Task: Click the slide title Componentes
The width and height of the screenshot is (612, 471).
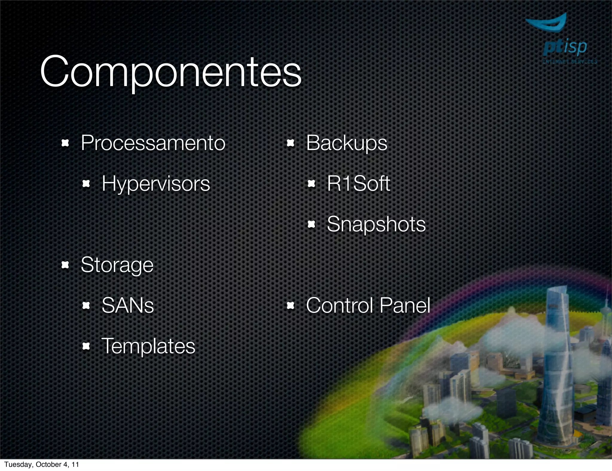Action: [170, 72]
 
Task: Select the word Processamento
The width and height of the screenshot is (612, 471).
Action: [153, 143]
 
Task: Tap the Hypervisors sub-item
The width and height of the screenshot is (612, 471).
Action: [156, 183]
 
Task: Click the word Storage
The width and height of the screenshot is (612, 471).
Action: [117, 265]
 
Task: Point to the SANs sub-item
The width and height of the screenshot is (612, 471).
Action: [128, 305]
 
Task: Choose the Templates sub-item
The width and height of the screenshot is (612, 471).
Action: [148, 346]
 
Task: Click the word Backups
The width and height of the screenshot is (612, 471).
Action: [347, 143]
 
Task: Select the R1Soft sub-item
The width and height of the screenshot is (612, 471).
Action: [358, 183]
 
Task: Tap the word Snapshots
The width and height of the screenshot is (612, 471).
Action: [376, 224]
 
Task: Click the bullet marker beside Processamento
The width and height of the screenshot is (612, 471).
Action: [65, 143]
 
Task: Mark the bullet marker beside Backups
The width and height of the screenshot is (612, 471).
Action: [290, 143]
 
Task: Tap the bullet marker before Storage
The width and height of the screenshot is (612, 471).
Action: [65, 265]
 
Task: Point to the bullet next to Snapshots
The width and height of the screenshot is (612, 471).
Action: [311, 224]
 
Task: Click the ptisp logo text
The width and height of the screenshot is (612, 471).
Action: [565, 48]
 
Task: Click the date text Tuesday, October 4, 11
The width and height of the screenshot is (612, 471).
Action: [42, 464]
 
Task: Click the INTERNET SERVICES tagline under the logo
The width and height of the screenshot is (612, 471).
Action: [570, 62]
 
